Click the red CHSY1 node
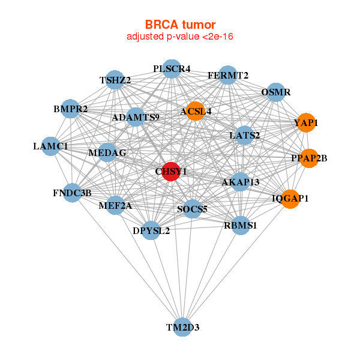[171, 171]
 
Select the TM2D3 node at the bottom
[183, 327]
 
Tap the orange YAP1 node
[306, 122]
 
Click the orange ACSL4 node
[196, 111]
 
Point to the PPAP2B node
[308, 158]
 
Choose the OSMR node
[275, 92]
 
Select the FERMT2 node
[228, 75]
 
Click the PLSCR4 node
[172, 68]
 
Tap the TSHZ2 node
[115, 80]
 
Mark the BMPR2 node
[71, 109]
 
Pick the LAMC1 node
[51, 146]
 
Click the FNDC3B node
[72, 193]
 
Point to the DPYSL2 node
[151, 230]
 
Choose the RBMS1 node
[241, 226]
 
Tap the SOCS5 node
[192, 209]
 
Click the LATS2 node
[245, 136]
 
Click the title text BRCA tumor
[180, 25]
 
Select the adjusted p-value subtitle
[180, 37]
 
